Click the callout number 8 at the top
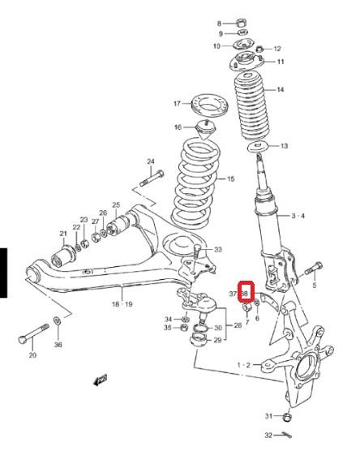(x=219, y=24)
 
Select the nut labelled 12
(x=259, y=49)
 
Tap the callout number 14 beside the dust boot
(x=280, y=89)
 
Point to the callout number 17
(x=177, y=104)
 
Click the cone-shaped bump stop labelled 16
(x=206, y=129)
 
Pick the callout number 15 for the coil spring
(x=230, y=178)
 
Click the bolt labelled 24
(x=152, y=178)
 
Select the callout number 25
(x=116, y=205)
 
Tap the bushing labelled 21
(x=63, y=256)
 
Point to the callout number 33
(x=218, y=249)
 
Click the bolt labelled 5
(x=314, y=269)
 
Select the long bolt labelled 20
(x=33, y=334)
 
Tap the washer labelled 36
(x=57, y=320)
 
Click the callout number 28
(x=238, y=325)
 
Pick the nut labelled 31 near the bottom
(x=287, y=418)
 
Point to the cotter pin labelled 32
(x=286, y=435)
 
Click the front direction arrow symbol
(x=101, y=380)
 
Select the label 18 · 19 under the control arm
(x=122, y=304)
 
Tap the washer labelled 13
(x=258, y=147)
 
